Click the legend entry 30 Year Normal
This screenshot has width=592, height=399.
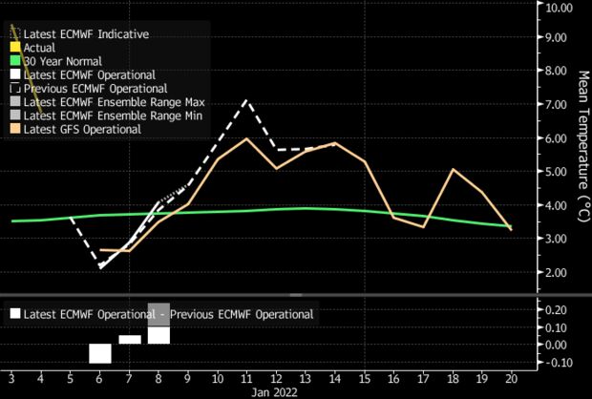(x=61, y=59)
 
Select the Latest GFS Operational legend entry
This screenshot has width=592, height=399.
(x=87, y=129)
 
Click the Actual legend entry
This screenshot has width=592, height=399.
(x=40, y=46)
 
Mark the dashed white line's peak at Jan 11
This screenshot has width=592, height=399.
(x=247, y=99)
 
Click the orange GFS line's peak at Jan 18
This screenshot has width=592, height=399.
(x=454, y=170)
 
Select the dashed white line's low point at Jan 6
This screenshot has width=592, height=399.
(x=100, y=267)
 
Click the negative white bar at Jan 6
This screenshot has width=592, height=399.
(x=100, y=353)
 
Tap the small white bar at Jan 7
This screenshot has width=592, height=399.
(x=130, y=339)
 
